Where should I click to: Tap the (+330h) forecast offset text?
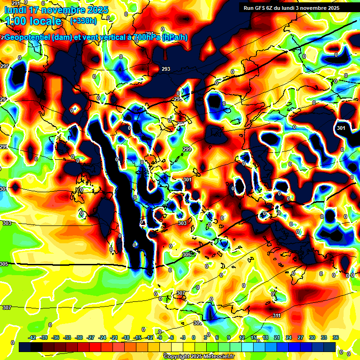pyautogui.click(x=83, y=21)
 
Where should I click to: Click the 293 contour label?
pyautogui.click(x=166, y=69)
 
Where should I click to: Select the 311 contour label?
pyautogui.click(x=277, y=315)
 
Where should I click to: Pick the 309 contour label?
pyautogui.click(x=197, y=323)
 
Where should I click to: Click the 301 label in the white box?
pyautogui.click(x=341, y=128)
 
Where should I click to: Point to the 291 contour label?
pyautogui.click(x=16, y=3)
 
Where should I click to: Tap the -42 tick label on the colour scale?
pyautogui.click(x=32, y=337)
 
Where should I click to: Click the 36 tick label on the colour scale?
pyautogui.click(x=336, y=337)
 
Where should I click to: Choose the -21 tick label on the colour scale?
pyautogui.click(x=114, y=337)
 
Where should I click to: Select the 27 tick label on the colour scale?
pyautogui.click(x=300, y=337)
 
